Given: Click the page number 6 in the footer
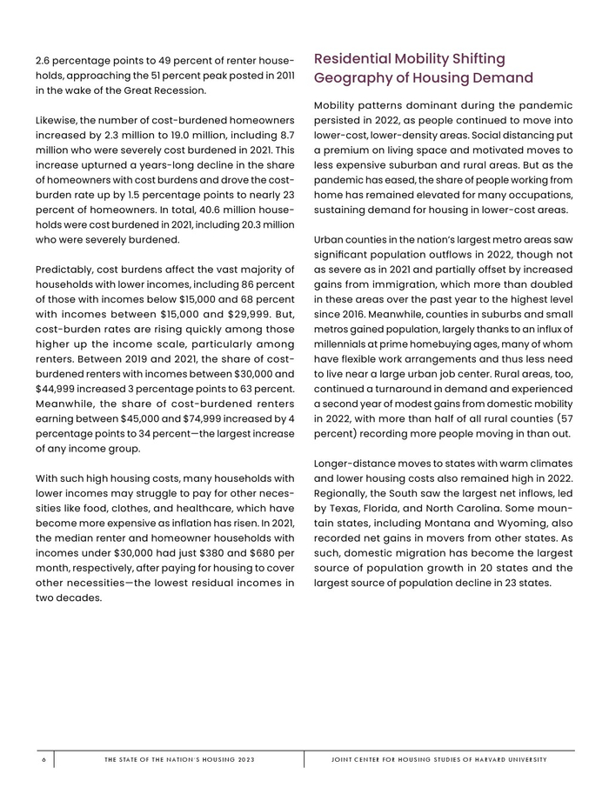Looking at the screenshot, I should tap(43, 759).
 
